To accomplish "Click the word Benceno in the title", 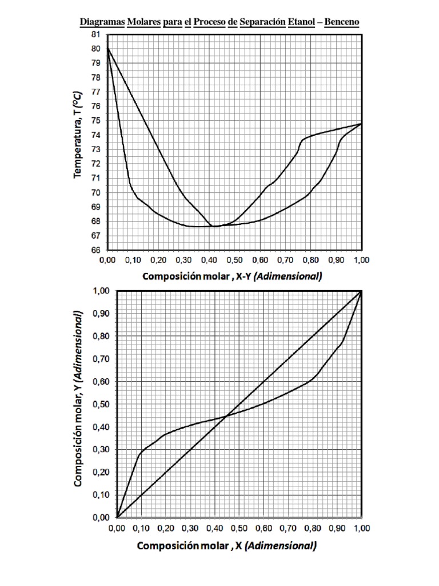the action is (x=342, y=22).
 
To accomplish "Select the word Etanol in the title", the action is (x=301, y=22).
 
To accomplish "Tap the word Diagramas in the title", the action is (x=102, y=22).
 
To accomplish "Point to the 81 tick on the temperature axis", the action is (x=96, y=34).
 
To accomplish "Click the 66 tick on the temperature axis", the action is (x=96, y=250).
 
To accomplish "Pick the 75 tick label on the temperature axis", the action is (x=96, y=120).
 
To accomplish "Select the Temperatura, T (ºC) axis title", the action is (x=77, y=134).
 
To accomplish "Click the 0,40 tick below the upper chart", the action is (x=209, y=260).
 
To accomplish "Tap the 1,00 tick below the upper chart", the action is (x=361, y=260).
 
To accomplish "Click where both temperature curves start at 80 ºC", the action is (x=108, y=49).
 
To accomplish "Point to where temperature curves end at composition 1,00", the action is (x=361, y=124).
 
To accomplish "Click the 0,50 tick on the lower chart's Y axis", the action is (x=101, y=405).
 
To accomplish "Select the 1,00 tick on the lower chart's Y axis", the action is (x=101, y=291).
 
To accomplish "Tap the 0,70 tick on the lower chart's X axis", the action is (x=288, y=528).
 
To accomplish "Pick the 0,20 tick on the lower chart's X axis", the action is (x=165, y=528).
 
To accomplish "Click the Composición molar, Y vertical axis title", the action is (x=78, y=398).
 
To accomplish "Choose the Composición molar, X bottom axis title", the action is (x=226, y=546).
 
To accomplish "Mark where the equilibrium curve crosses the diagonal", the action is (x=226, y=415).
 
